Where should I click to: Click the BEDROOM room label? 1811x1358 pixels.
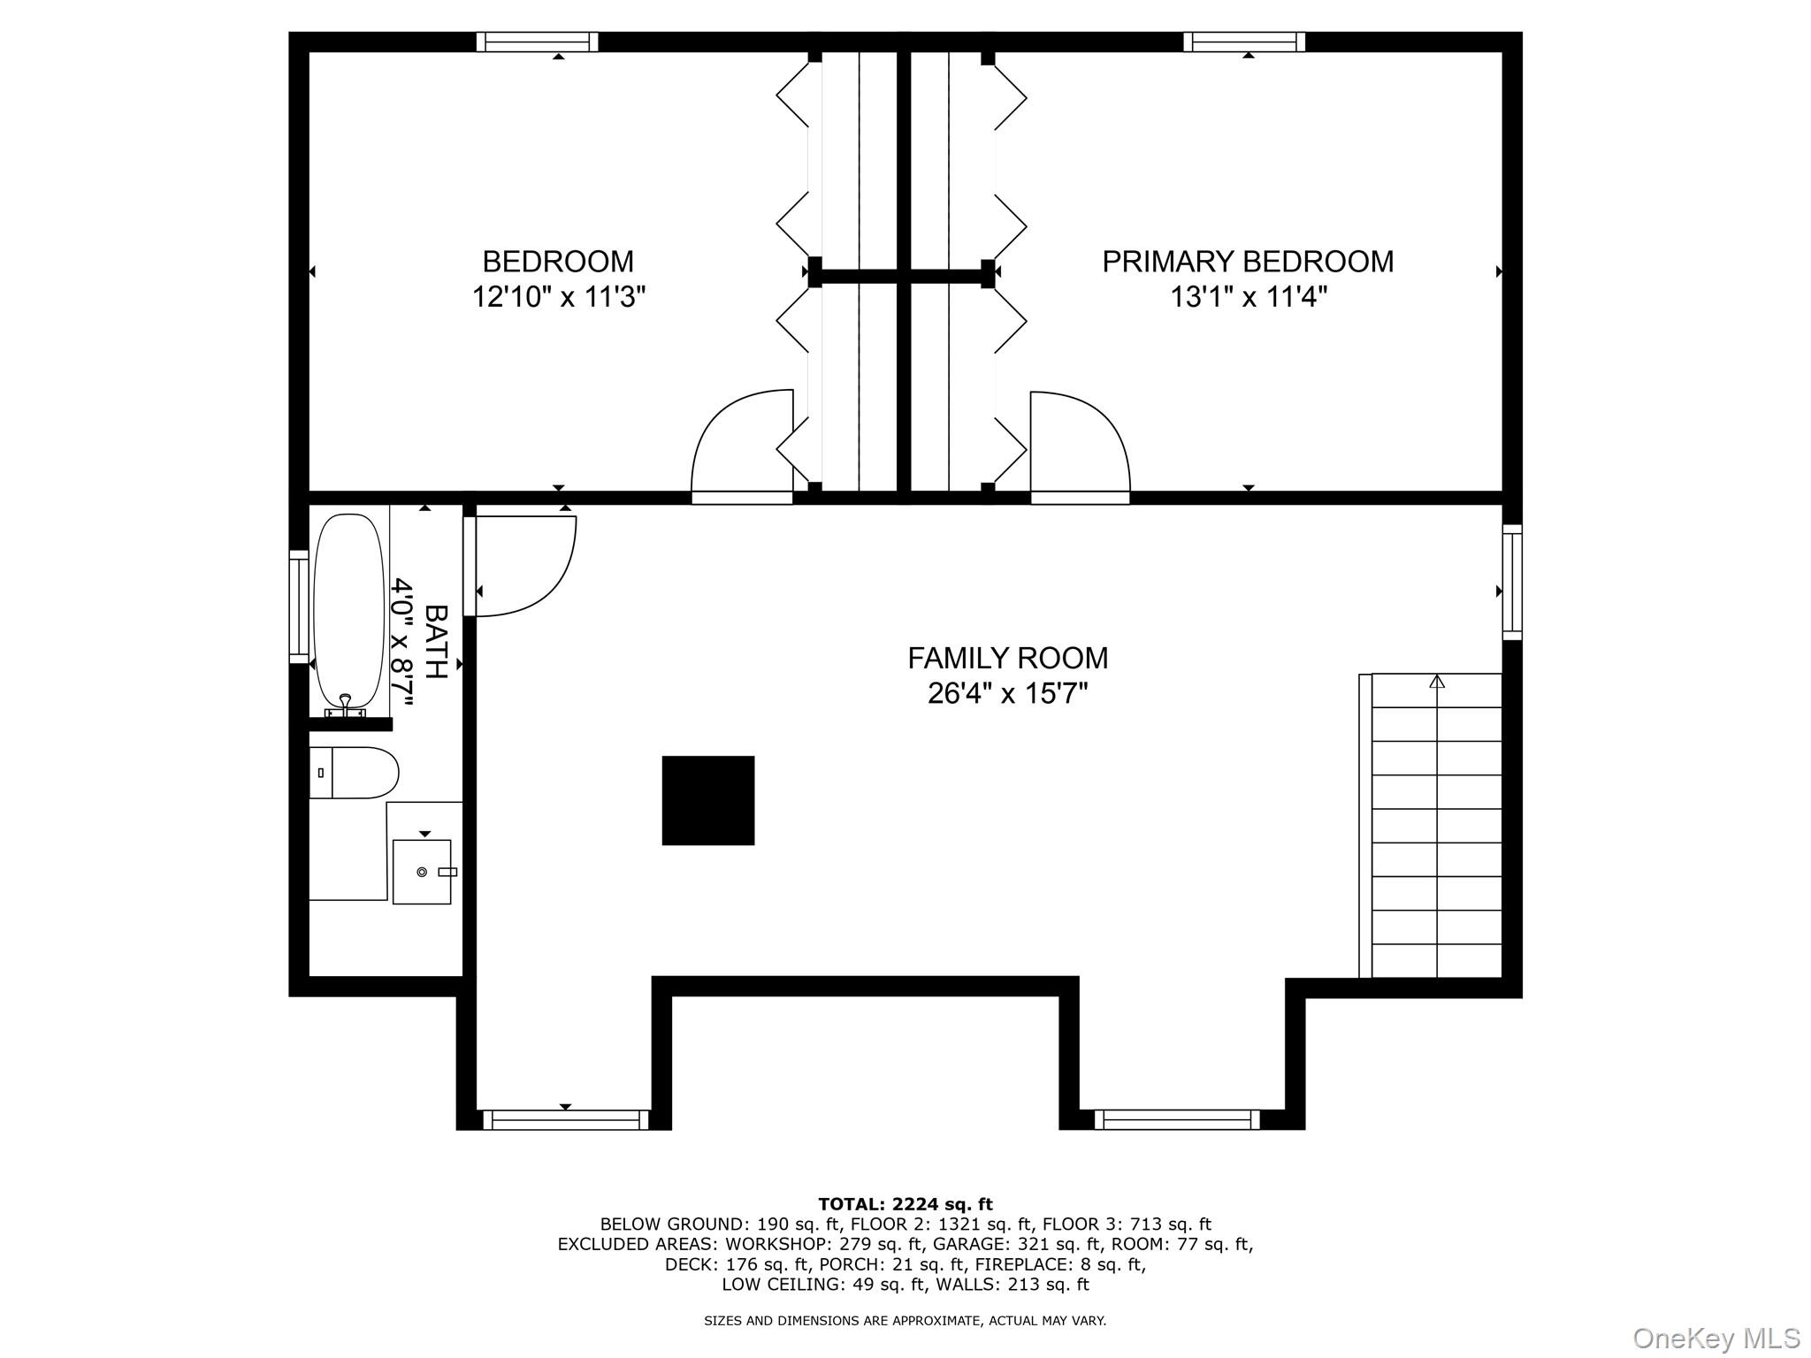tap(557, 262)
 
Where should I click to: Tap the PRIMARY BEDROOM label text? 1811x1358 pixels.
tap(1247, 262)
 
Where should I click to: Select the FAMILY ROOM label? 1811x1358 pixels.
tap(1007, 658)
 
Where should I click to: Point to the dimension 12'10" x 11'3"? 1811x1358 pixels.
tap(558, 297)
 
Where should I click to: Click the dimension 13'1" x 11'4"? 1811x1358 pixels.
tap(1248, 297)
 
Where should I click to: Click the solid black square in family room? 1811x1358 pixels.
tap(707, 800)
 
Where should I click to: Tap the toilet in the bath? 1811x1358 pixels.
tap(354, 773)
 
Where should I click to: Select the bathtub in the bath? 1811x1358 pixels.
tap(349, 610)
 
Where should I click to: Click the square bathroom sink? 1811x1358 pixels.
tap(422, 872)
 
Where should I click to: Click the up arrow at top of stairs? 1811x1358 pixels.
tap(1437, 682)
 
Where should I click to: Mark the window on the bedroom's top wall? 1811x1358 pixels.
tap(537, 42)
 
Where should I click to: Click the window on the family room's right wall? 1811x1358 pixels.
tap(1512, 582)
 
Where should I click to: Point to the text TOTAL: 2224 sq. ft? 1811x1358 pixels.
tap(905, 1204)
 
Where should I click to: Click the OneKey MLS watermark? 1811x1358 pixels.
tap(1715, 1339)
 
